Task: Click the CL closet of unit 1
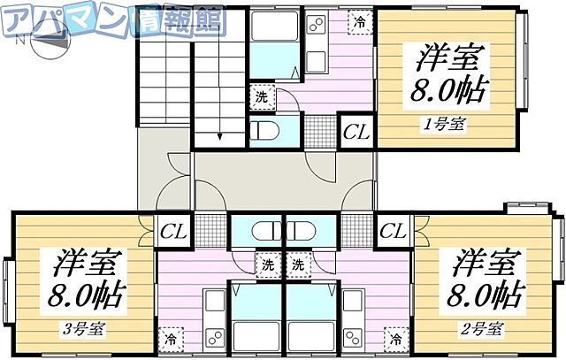356,132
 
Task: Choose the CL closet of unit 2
393,232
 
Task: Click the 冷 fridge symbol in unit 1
359,22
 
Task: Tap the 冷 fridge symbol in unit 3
169,337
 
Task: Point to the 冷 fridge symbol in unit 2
396,337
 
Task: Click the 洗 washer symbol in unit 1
262,96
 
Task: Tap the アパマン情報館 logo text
115,15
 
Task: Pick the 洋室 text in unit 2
486,262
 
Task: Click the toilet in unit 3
264,233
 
